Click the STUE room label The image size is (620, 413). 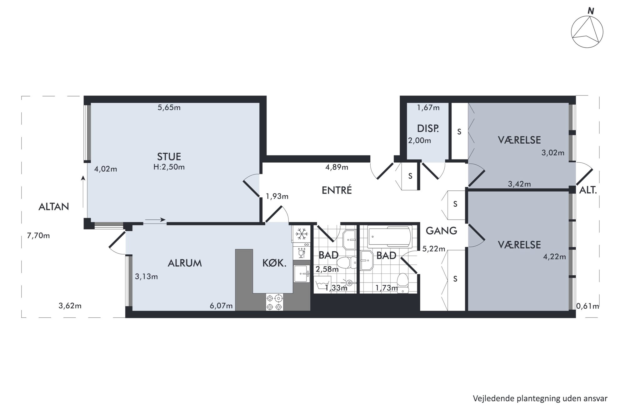tap(169, 156)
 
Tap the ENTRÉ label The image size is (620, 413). tap(337, 190)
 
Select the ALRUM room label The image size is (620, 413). tap(185, 263)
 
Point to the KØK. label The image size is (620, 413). tap(274, 263)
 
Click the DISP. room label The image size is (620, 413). tap(428, 128)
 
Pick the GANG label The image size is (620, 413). tap(441, 231)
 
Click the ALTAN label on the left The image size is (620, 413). tap(53, 207)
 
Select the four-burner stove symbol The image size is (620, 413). tap(274, 302)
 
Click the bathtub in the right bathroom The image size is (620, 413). tap(389, 237)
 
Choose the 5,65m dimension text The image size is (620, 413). tap(169, 108)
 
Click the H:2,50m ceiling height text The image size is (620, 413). tap(169, 167)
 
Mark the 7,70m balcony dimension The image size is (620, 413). tap(38, 236)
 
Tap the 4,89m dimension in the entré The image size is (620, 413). tap(337, 167)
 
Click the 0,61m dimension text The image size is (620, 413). tap(587, 306)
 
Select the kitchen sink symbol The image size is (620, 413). tap(302, 274)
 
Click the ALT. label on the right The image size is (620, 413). tap(588, 190)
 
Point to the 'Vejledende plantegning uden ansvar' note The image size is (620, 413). tap(540, 399)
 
